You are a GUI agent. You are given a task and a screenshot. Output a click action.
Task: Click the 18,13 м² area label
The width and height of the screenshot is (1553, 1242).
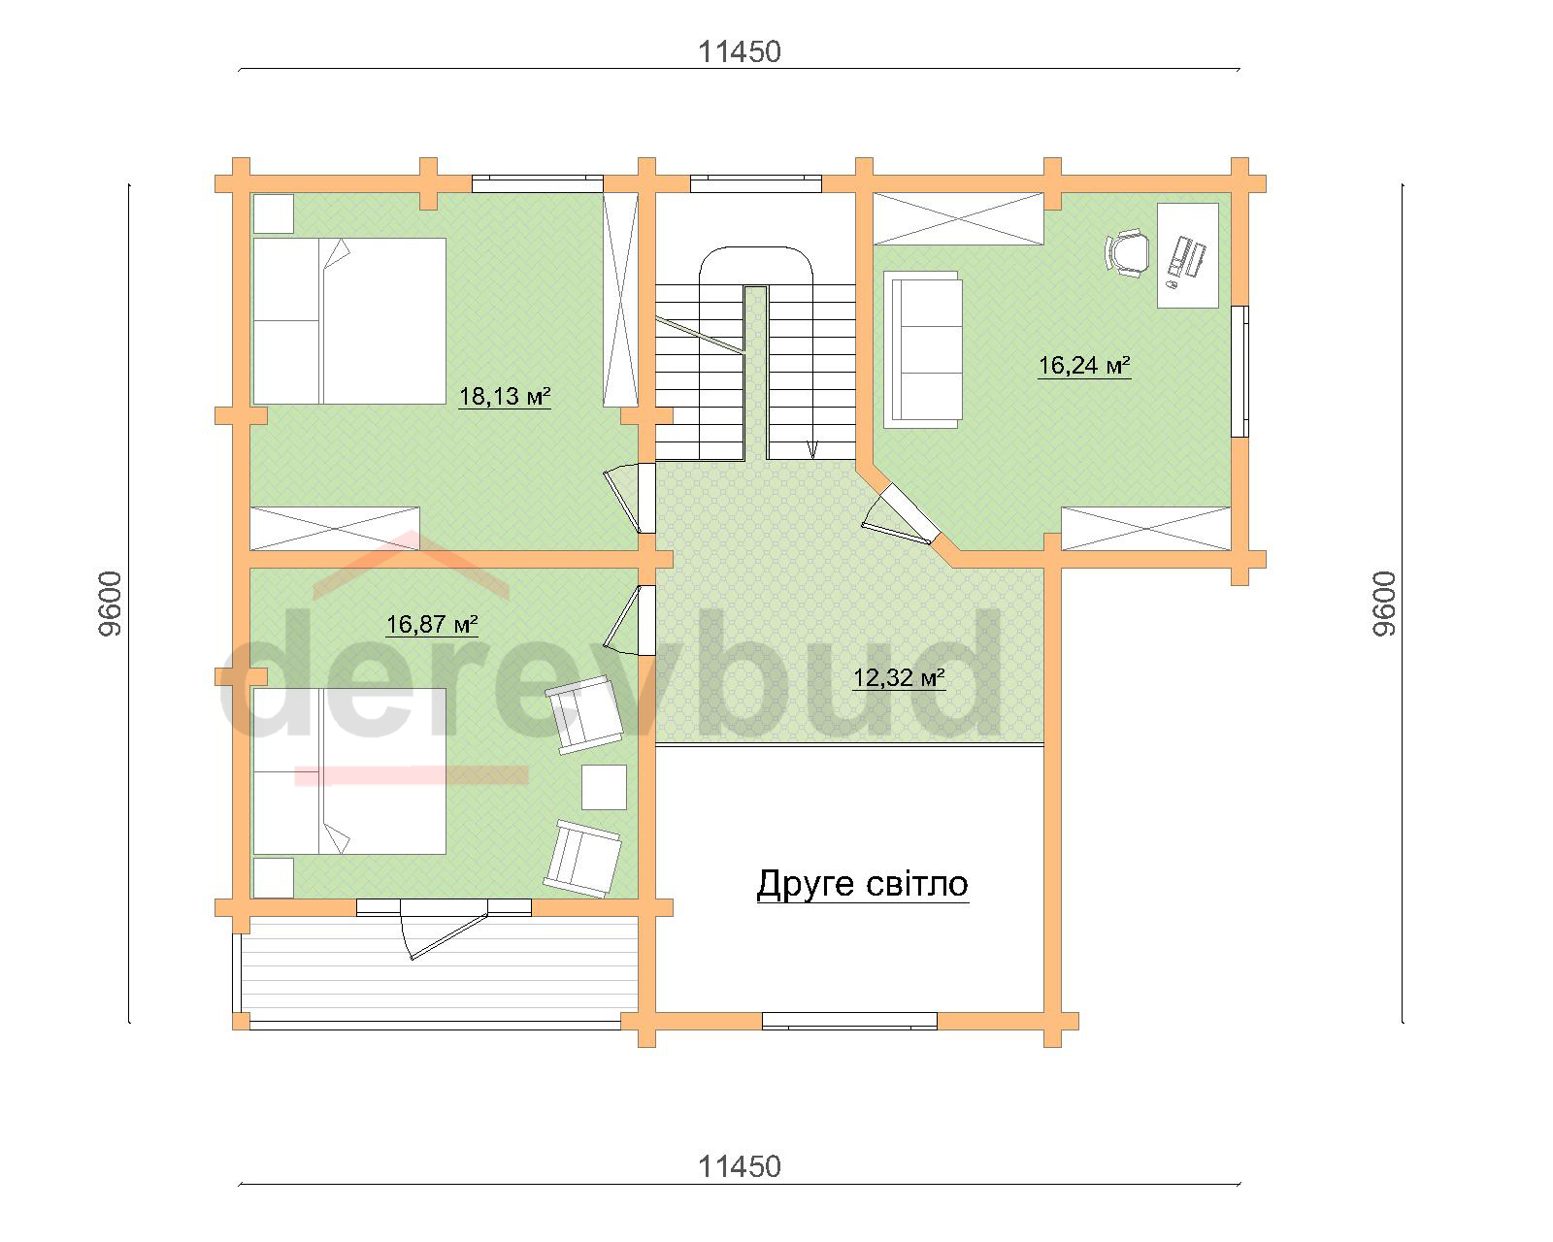pyautogui.click(x=505, y=396)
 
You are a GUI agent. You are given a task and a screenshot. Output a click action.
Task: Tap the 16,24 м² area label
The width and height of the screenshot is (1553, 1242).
pyautogui.click(x=1084, y=365)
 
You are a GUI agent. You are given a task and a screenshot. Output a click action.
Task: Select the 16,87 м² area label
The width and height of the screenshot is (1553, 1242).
pyautogui.click(x=432, y=624)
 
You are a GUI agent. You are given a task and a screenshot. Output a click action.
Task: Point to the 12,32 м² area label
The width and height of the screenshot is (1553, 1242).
pyautogui.click(x=899, y=677)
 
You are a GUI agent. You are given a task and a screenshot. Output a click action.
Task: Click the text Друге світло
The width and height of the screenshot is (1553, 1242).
pyautogui.click(x=862, y=884)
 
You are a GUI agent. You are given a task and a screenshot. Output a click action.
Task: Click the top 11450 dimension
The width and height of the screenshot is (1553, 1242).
pyautogui.click(x=739, y=52)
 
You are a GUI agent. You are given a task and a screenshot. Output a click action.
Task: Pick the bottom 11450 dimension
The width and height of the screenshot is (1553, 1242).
pyautogui.click(x=739, y=1166)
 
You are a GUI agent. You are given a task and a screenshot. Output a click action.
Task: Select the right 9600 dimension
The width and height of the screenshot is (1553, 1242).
pyautogui.click(x=1383, y=604)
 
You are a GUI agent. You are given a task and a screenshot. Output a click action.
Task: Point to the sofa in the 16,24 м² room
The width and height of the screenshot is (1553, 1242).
pyautogui.click(x=923, y=350)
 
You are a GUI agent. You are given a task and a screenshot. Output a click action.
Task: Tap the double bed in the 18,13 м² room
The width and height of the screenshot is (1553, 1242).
pyautogui.click(x=349, y=321)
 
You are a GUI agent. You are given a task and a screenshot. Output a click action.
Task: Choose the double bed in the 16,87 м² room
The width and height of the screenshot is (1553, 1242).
pyautogui.click(x=349, y=770)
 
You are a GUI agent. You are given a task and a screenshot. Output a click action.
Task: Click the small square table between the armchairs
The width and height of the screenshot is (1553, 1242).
pyautogui.click(x=604, y=787)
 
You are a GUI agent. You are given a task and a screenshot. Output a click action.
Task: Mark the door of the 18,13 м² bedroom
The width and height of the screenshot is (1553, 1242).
pyautogui.click(x=629, y=498)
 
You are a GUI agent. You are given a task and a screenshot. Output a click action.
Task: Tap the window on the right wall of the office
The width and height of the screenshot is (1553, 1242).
pyautogui.click(x=1239, y=372)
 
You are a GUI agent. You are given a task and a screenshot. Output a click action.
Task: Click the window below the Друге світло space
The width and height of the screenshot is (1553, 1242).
pyautogui.click(x=849, y=1021)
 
